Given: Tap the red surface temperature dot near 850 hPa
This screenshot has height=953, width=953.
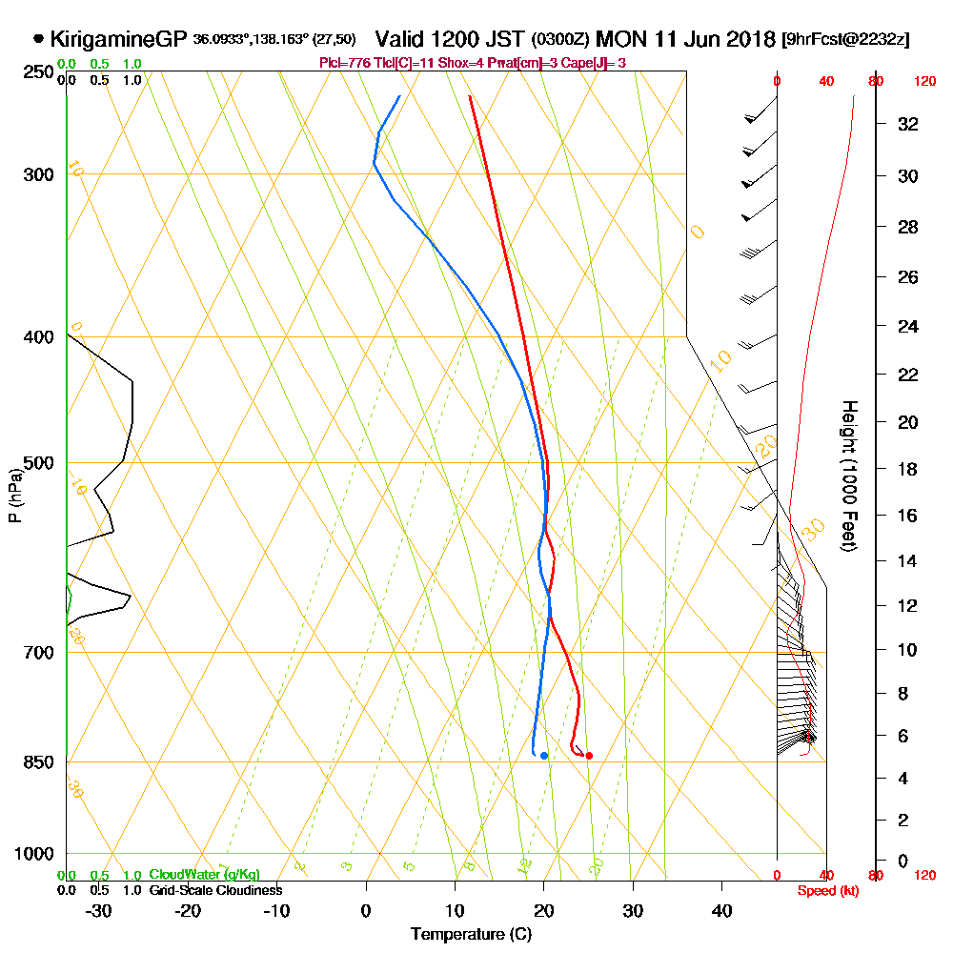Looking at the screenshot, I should point(589,756).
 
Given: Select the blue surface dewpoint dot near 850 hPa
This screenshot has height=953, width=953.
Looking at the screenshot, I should point(544,756).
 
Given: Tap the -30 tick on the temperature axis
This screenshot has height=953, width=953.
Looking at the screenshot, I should point(99,910).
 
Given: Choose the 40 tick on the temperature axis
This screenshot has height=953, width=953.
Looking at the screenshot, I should point(721,910).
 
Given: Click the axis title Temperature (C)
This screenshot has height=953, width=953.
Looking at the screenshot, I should point(471,935).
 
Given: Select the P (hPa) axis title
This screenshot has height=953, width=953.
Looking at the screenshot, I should point(15,495).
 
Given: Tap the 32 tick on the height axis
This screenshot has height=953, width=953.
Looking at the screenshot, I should point(909,124).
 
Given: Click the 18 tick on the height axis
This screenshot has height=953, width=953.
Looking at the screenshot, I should point(909,469).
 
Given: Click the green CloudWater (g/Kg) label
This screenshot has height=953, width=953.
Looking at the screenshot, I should point(204,875).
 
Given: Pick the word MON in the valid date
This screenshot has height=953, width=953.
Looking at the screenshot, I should point(618,40).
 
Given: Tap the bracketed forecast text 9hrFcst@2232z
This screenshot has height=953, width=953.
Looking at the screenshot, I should point(845,41).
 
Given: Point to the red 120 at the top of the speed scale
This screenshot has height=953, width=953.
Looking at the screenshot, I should point(924,81).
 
